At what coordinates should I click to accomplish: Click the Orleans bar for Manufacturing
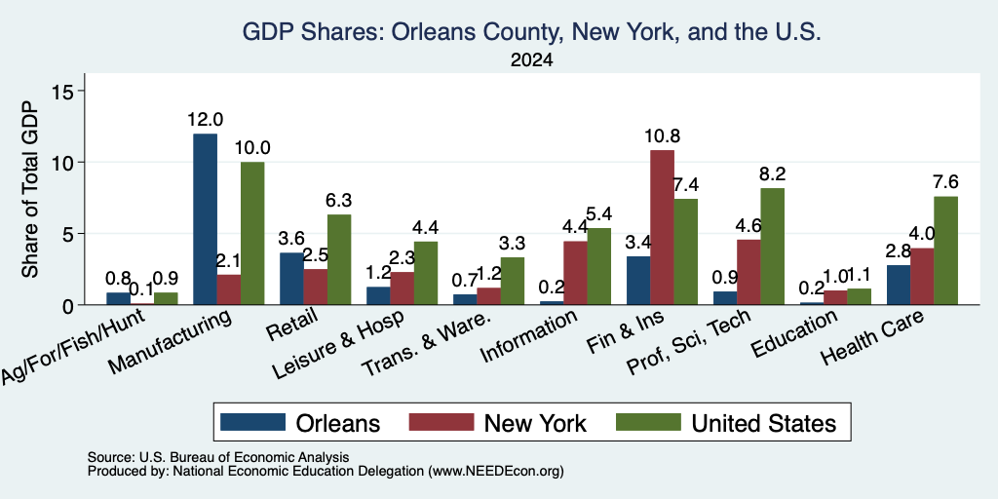(x=205, y=219)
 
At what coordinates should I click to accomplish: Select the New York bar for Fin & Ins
(x=662, y=227)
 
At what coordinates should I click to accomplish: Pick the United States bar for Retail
(x=339, y=259)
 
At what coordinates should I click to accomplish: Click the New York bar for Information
(x=575, y=273)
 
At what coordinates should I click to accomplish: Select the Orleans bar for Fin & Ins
(x=638, y=281)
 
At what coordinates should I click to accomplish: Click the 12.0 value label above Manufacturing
(x=205, y=120)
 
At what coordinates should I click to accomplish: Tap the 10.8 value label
(x=662, y=136)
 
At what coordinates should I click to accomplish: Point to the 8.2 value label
(x=773, y=173)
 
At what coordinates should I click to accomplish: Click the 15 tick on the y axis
(x=66, y=91)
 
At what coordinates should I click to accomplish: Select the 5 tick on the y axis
(x=70, y=234)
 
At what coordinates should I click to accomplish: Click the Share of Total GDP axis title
(x=30, y=189)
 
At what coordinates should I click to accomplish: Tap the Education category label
(x=793, y=334)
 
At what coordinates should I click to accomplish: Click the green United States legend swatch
(x=649, y=423)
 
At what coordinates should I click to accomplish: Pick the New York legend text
(x=535, y=423)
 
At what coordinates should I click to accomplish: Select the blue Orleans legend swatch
(x=252, y=423)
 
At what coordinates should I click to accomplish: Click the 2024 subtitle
(x=531, y=60)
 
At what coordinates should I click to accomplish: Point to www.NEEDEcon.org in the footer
(x=496, y=472)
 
